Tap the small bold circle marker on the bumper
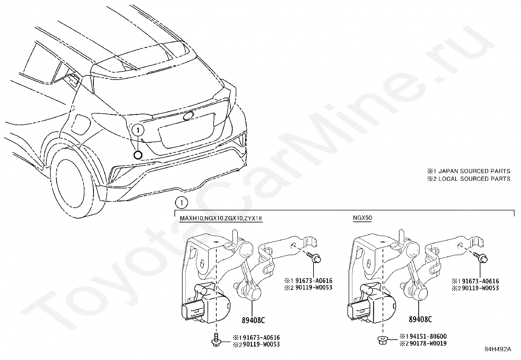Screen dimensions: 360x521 point(138,155)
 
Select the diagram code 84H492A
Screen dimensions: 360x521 point(498,349)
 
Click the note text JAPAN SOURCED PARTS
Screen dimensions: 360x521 point(474,171)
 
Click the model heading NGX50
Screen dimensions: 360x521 point(362,218)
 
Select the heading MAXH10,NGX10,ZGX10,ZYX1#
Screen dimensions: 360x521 point(221,218)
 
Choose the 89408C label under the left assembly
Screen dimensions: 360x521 point(253,320)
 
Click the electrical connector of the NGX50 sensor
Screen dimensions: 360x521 point(355,312)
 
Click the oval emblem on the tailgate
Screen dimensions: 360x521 point(189,115)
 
